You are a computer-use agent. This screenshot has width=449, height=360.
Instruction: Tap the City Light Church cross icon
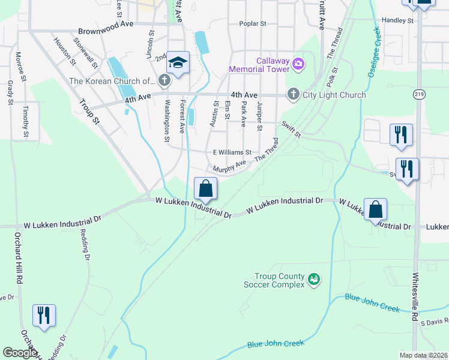point(293,94)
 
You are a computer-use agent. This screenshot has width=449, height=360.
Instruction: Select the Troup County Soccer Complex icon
point(313,279)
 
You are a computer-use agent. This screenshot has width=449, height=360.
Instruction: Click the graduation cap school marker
point(178,62)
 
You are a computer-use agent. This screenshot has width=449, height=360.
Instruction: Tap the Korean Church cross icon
point(163,80)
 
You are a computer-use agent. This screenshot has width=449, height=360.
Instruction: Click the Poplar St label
point(252,24)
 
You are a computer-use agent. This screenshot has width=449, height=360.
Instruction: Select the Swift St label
point(291,128)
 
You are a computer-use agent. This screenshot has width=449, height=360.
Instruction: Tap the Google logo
point(20,353)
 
